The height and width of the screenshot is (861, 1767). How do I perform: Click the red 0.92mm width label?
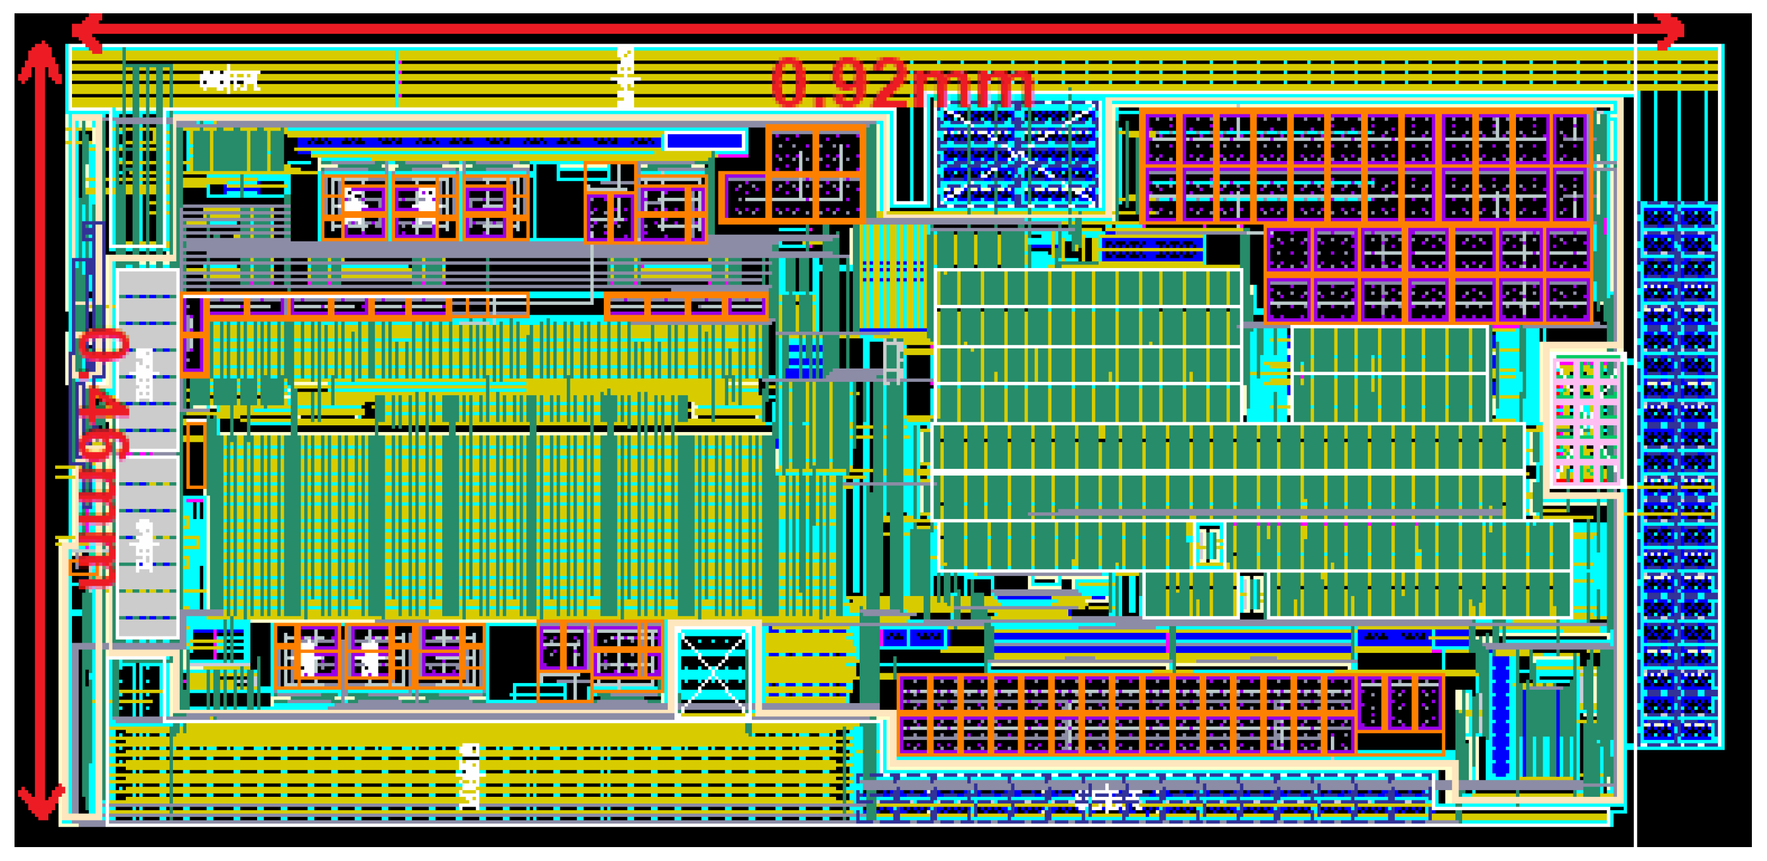click(901, 82)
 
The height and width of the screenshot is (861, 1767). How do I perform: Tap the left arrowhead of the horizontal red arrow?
click(86, 31)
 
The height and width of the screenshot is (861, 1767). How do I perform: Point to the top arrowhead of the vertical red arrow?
click(41, 58)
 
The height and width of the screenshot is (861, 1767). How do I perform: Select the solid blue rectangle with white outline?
click(705, 140)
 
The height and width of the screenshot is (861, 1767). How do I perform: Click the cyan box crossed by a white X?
click(713, 671)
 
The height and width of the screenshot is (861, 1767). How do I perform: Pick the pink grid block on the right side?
click(1587, 421)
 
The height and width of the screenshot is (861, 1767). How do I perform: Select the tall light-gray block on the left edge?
click(147, 453)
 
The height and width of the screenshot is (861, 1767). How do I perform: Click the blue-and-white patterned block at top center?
click(1018, 154)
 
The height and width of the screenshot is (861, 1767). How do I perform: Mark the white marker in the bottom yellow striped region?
click(470, 775)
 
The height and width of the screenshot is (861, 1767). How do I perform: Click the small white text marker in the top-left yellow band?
click(230, 81)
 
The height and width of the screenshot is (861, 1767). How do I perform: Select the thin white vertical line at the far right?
click(1636, 439)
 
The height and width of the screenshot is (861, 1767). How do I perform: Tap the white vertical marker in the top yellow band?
click(625, 77)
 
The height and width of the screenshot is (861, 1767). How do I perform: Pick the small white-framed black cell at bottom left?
click(139, 690)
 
